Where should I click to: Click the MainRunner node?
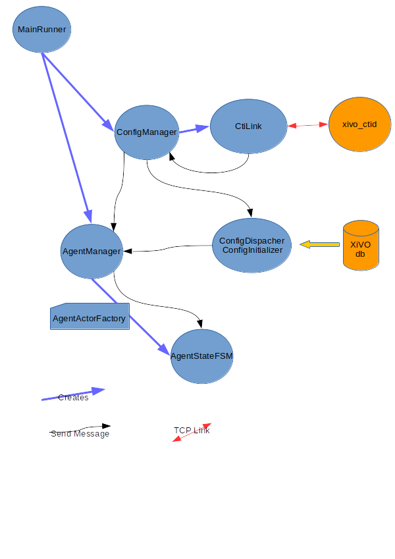(42, 30)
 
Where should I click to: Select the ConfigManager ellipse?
(146, 132)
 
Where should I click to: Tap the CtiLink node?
(248, 126)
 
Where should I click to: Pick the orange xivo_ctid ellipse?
(360, 124)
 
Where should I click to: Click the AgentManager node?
(92, 252)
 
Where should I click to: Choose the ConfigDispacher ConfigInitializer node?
(251, 246)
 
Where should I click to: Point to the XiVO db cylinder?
(361, 246)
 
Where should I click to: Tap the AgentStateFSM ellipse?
(202, 356)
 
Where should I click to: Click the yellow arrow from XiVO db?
(320, 245)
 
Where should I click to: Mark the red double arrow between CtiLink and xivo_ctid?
(308, 125)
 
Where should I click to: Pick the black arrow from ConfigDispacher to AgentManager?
(168, 248)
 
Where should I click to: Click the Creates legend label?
(73, 397)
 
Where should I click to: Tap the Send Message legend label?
(80, 433)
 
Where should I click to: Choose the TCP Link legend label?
(192, 431)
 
